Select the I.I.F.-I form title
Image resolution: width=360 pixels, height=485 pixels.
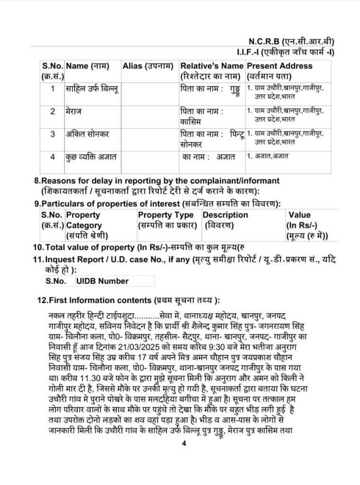click(287, 52)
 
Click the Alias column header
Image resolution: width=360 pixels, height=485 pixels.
click(147, 66)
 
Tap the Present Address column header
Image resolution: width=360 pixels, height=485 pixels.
click(279, 66)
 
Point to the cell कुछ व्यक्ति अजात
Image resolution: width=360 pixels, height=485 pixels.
click(90, 156)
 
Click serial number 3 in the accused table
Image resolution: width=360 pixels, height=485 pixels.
click(53, 134)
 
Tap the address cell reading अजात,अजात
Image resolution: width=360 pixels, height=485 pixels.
click(270, 156)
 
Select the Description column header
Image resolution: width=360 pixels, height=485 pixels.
click(225, 215)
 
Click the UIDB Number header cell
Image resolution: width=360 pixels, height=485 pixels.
click(102, 281)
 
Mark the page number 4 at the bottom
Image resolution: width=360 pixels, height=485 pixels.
click(184, 444)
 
